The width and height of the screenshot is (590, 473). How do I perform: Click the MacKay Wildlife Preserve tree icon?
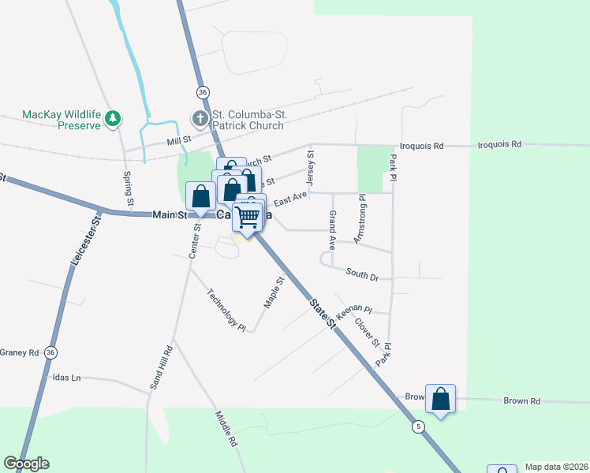(x=114, y=118)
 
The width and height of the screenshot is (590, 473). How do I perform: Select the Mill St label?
(x=180, y=140)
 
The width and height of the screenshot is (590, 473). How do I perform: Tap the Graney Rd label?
(x=19, y=352)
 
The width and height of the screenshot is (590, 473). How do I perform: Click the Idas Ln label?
(x=66, y=378)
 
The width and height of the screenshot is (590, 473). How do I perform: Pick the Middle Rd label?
(x=226, y=429)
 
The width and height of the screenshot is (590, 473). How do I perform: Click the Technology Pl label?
(x=227, y=310)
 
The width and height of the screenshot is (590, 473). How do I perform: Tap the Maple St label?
(x=274, y=292)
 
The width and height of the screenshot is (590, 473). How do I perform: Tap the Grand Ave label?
(x=333, y=227)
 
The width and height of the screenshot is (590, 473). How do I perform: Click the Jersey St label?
(x=310, y=164)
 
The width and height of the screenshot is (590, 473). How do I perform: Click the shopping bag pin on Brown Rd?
(x=440, y=399)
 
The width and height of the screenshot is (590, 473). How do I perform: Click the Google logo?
(x=27, y=464)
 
